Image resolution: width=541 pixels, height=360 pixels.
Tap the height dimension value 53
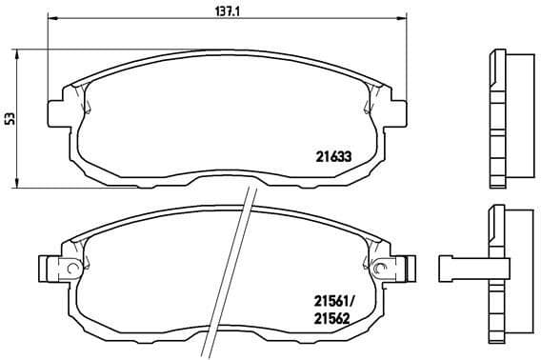click(10, 118)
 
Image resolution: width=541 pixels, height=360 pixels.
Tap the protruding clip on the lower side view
click(457, 268)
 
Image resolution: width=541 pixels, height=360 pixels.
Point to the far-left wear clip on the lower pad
click(45, 268)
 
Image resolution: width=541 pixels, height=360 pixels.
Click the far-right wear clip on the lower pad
click(411, 268)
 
